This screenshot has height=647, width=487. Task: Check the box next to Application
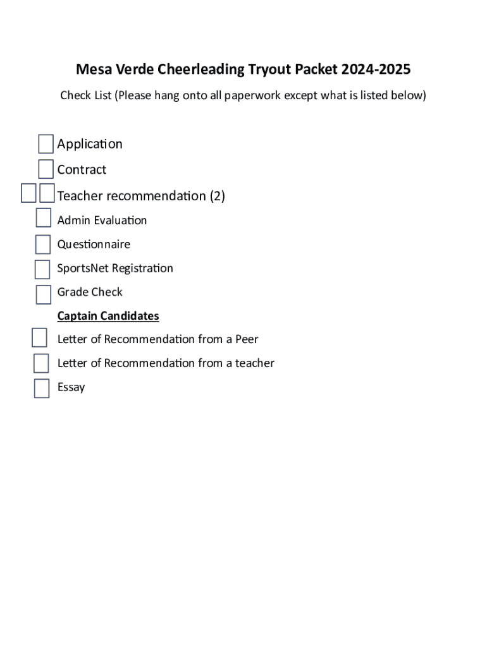(x=46, y=144)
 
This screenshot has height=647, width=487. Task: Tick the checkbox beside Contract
(x=46, y=169)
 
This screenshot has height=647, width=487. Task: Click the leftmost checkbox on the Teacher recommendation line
(x=28, y=193)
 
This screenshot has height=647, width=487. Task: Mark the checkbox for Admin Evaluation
(x=43, y=218)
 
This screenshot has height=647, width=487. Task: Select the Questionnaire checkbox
(x=42, y=244)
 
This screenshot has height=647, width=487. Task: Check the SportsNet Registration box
(x=42, y=269)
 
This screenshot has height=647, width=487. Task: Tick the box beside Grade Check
(x=43, y=294)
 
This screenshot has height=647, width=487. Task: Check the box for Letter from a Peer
(x=39, y=338)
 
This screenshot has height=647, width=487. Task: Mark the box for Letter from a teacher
(x=41, y=363)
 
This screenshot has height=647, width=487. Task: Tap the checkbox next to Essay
(x=42, y=388)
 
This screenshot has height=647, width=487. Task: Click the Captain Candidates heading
(x=108, y=316)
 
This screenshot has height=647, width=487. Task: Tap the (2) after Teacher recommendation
(x=218, y=196)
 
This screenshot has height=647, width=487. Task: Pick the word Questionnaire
(x=94, y=245)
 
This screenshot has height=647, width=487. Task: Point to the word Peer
(x=247, y=339)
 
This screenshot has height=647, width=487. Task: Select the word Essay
(x=71, y=387)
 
